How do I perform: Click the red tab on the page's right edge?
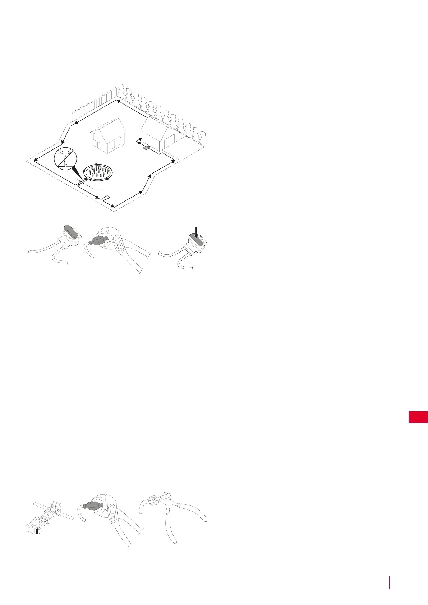tap(418, 417)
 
